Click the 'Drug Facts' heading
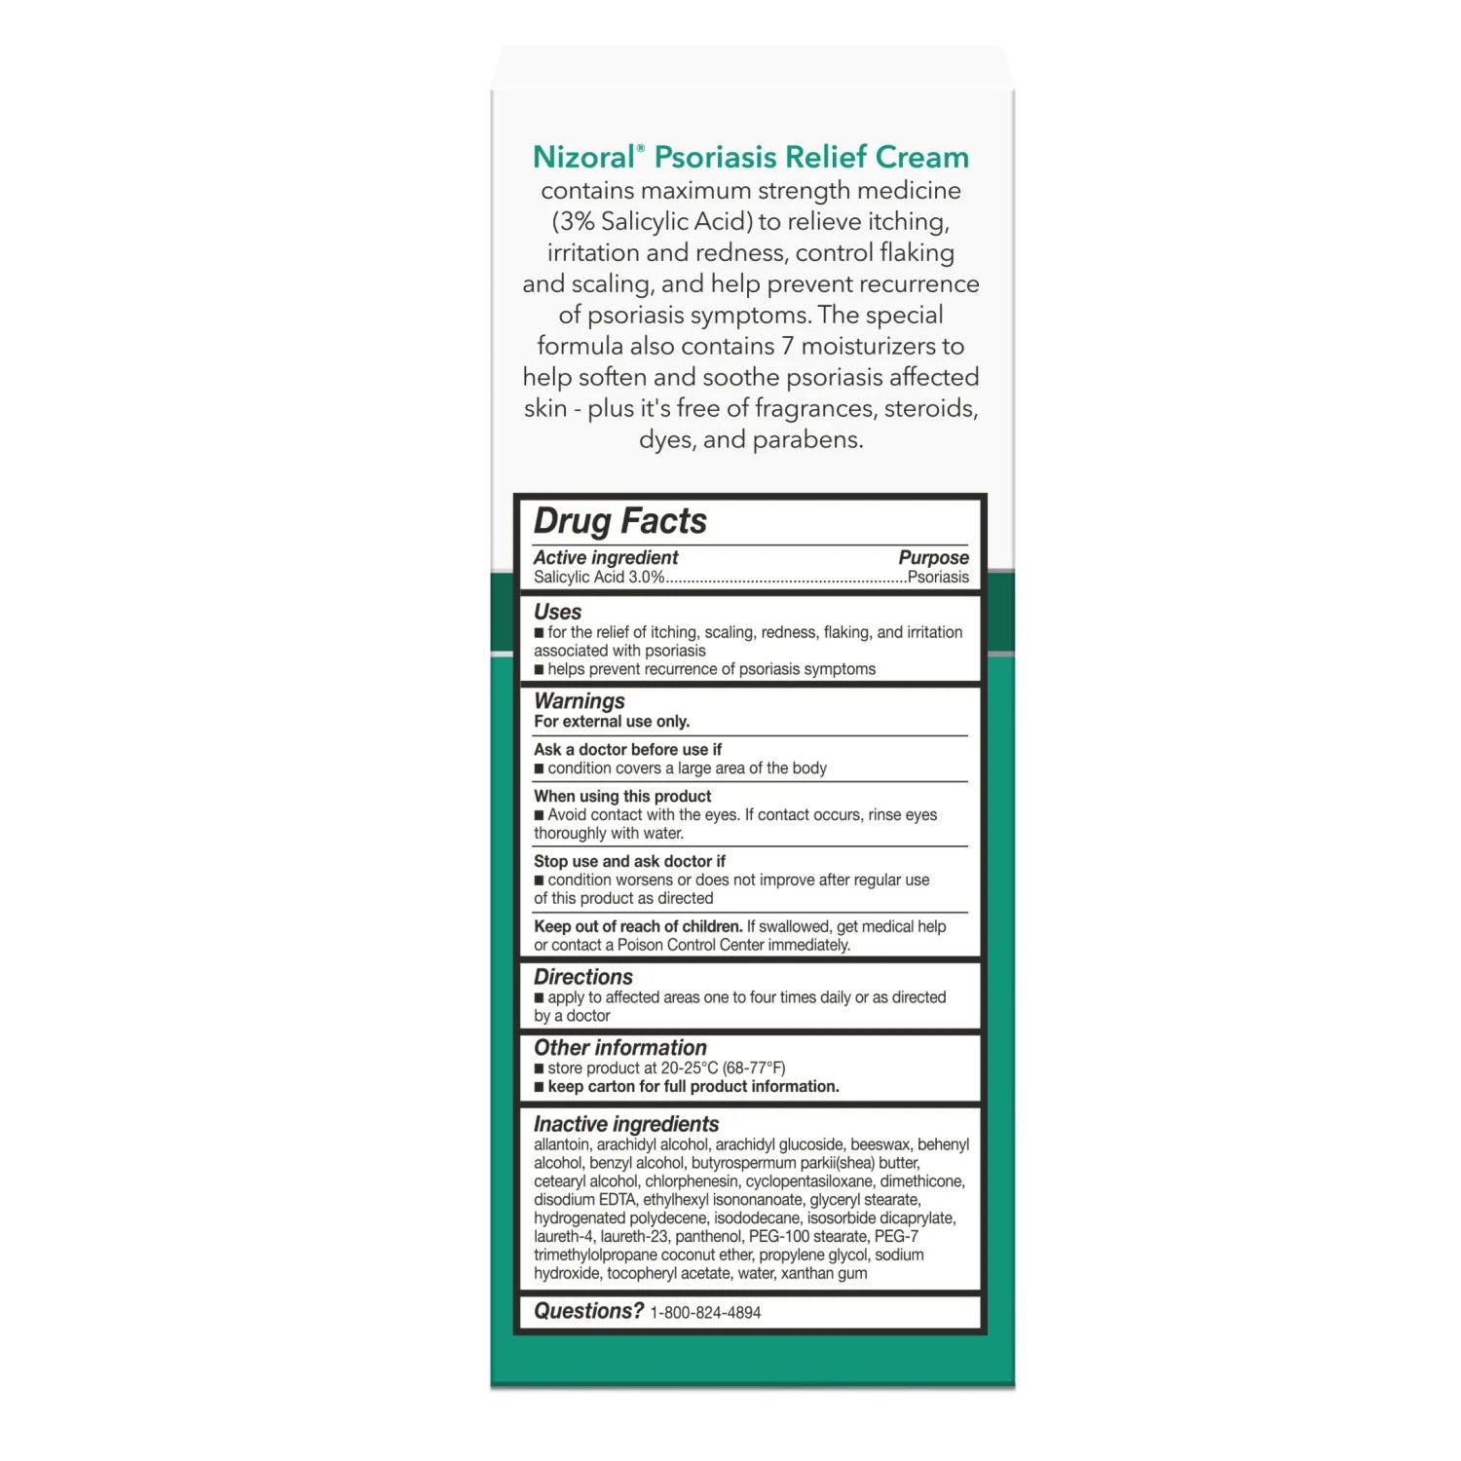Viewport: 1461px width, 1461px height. click(619, 521)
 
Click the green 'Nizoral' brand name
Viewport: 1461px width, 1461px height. click(587, 157)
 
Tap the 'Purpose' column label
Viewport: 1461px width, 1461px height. click(933, 557)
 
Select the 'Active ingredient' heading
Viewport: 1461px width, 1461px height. click(605, 557)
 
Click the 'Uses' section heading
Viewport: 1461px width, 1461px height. click(557, 612)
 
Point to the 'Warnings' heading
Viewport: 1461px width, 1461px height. click(579, 700)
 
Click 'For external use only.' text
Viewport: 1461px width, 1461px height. click(611, 722)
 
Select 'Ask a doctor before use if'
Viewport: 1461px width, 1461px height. click(627, 749)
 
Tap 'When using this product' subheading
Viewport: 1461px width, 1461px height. click(621, 796)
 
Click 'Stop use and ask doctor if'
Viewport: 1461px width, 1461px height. click(629, 861)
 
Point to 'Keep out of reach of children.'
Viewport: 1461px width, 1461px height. click(637, 926)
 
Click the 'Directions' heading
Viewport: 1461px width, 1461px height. click(582, 977)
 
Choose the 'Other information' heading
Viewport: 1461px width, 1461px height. click(619, 1048)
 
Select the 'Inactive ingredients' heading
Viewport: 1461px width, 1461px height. click(625, 1124)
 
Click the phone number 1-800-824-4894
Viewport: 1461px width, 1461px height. click(705, 1313)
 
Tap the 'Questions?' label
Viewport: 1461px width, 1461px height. click(588, 1311)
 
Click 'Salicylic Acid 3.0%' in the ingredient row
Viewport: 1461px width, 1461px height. click(598, 578)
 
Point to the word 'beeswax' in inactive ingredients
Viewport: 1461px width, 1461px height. click(880, 1144)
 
